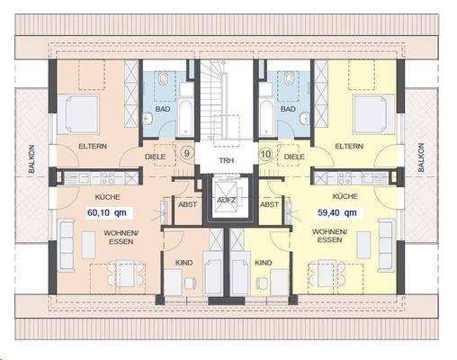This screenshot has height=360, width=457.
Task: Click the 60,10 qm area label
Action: click(x=106, y=213)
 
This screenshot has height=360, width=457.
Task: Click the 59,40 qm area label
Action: click(x=337, y=213)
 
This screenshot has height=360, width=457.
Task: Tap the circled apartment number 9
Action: click(x=186, y=154)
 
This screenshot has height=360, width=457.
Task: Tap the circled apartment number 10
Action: click(x=266, y=154)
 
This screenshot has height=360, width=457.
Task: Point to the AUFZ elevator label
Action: click(x=227, y=200)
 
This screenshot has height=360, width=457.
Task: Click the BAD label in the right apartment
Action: click(x=288, y=110)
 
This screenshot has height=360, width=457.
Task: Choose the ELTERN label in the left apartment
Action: click(x=94, y=145)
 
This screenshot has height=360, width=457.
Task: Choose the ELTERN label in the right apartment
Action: click(x=348, y=145)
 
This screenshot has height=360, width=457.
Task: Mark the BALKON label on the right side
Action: click(x=420, y=158)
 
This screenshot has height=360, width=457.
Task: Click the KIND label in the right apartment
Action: click(x=264, y=263)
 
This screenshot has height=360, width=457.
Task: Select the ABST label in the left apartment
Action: click(x=186, y=204)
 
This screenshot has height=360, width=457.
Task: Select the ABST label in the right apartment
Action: click(x=268, y=204)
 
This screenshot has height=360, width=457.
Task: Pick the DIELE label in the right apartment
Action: click(x=294, y=155)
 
